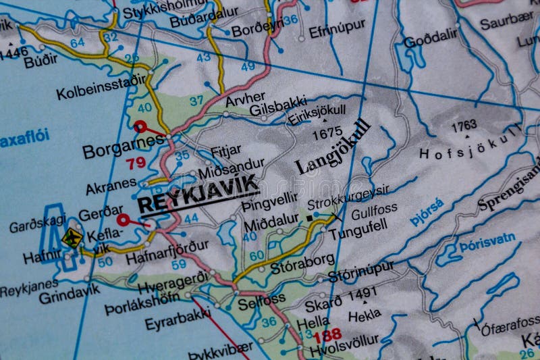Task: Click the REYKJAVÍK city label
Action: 197,193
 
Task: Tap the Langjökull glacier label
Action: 333,147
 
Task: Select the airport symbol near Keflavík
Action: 72,238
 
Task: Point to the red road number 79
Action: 136,163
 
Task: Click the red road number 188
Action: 327,334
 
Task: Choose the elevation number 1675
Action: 327,134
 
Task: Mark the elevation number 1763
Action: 464,125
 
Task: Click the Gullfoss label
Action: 374,209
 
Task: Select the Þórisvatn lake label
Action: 487,242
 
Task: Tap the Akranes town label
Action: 111,186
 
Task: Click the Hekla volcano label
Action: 364,315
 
